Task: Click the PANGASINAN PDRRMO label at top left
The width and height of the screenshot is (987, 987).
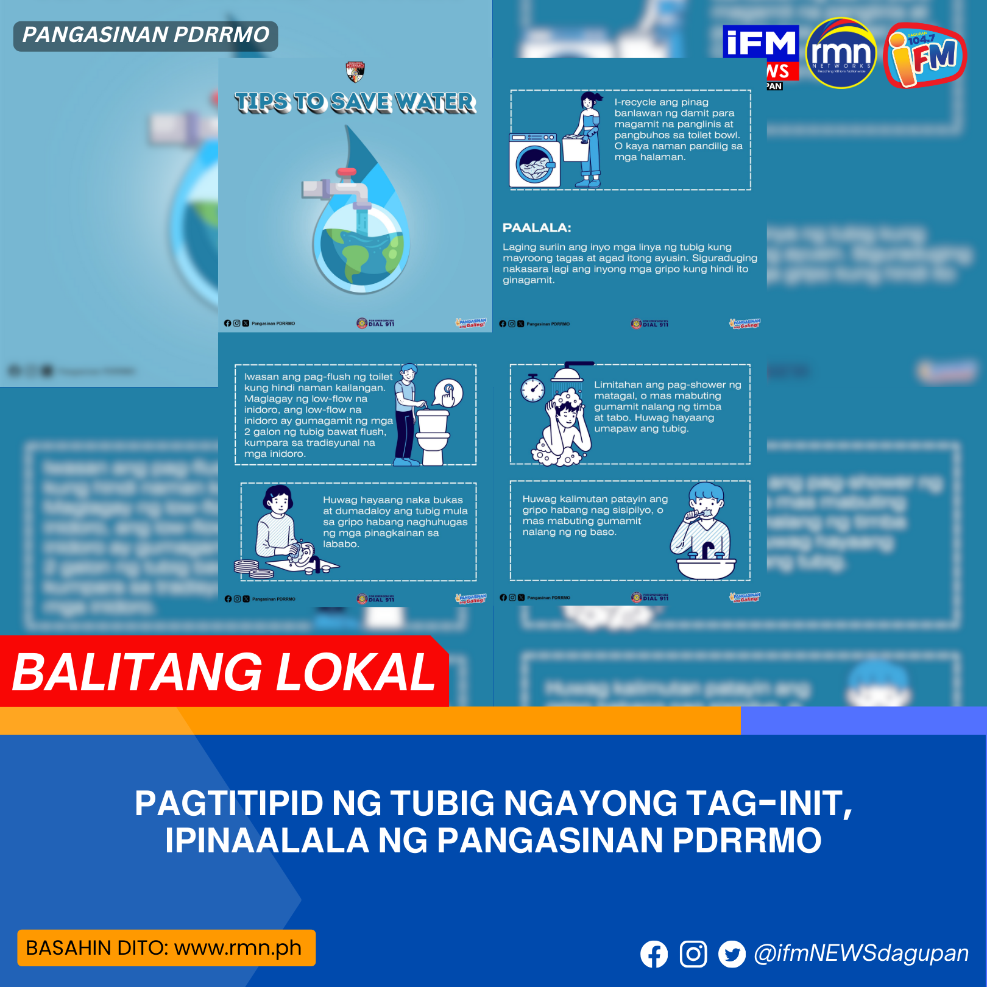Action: (146, 35)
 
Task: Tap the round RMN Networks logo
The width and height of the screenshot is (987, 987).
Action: (841, 54)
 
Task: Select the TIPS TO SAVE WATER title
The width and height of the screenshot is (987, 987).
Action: (355, 102)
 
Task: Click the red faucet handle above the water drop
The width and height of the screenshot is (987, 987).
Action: (346, 172)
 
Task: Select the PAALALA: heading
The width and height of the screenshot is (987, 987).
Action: (537, 228)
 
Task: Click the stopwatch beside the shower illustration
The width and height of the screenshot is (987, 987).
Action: (532, 389)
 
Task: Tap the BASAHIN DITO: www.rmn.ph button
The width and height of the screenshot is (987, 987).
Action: (166, 948)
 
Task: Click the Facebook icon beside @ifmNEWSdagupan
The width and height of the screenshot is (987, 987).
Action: (654, 954)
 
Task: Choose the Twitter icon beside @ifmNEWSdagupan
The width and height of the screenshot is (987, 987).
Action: (732, 954)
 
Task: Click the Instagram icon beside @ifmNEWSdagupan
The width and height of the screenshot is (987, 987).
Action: (693, 954)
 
